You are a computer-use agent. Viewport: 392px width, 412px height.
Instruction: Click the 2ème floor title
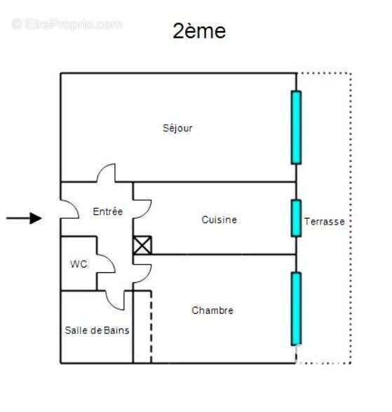(x=199, y=32)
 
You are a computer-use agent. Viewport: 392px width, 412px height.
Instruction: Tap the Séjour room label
(x=177, y=128)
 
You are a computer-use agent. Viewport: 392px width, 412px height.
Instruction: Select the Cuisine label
(x=219, y=220)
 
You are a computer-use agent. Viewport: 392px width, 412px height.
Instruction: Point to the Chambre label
(x=212, y=310)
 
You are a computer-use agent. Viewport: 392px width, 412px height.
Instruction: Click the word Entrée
(x=108, y=211)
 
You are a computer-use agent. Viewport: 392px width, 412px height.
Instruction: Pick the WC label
(x=79, y=264)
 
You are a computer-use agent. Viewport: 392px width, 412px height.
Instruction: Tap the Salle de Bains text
(x=97, y=331)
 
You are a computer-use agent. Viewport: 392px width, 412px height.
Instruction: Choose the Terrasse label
(x=324, y=222)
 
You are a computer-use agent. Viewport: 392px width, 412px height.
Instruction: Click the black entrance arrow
(x=24, y=218)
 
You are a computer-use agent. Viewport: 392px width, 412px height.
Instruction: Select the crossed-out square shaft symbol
(x=142, y=246)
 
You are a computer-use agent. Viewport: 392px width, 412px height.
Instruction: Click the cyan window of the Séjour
(x=296, y=128)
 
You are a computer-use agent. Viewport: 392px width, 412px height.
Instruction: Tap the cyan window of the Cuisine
(x=296, y=218)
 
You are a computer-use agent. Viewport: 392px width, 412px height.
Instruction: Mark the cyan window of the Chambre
(x=296, y=309)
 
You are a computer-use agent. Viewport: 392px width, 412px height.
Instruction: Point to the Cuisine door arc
(x=147, y=211)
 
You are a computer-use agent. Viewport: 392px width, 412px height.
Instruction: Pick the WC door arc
(x=111, y=260)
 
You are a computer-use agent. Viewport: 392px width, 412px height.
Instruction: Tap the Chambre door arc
(x=147, y=276)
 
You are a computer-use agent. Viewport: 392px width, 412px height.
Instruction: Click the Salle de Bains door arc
(x=110, y=305)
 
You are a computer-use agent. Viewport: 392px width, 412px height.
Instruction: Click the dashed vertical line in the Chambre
(x=151, y=327)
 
